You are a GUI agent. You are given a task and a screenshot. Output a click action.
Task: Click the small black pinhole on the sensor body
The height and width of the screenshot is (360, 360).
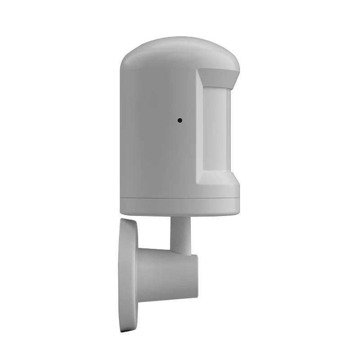(x=180, y=121)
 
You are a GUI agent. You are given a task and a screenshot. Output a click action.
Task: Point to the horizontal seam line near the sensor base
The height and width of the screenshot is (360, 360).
(x=180, y=198)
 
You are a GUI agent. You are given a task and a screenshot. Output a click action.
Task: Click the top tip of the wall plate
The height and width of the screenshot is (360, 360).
(x=126, y=219)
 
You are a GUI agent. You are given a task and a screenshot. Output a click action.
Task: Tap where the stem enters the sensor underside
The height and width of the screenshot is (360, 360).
(x=180, y=217)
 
